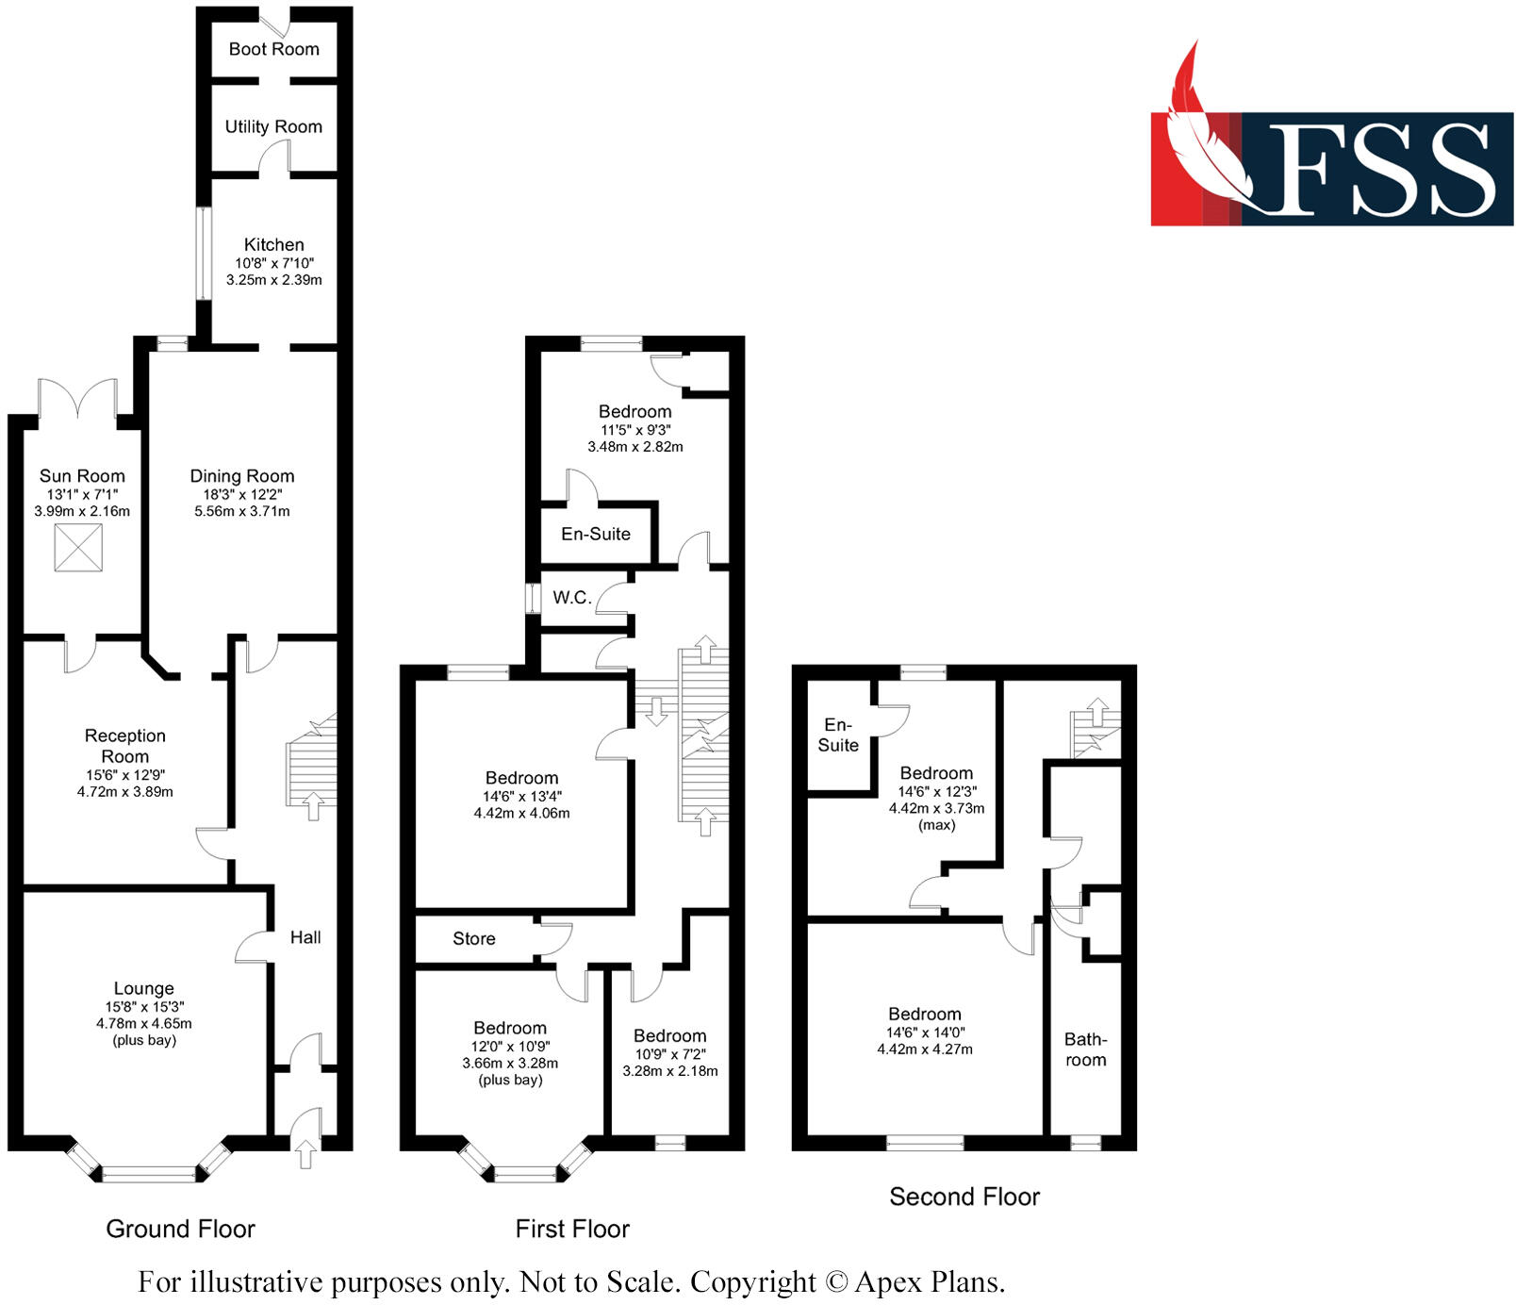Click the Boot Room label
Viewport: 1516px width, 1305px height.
point(273,49)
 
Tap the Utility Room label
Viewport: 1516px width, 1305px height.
point(273,126)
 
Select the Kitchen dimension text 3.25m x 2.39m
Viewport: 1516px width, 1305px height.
point(273,280)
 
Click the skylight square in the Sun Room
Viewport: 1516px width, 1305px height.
point(78,548)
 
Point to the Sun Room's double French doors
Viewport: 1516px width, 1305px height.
point(77,398)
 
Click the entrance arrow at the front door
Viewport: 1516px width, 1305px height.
point(305,1153)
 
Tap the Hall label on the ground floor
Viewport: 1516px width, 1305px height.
point(305,937)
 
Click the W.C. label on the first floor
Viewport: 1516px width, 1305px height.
point(571,597)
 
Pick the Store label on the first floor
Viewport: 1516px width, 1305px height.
point(473,938)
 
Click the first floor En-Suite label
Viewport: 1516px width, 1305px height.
point(595,534)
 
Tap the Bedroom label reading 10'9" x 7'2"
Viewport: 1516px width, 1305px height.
point(669,1035)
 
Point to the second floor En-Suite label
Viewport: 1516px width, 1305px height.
point(838,735)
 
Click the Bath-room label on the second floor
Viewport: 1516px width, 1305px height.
point(1085,1049)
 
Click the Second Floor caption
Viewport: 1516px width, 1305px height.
point(964,1197)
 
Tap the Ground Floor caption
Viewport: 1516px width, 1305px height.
point(180,1229)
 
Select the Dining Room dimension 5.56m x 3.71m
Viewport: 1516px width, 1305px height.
point(242,511)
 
